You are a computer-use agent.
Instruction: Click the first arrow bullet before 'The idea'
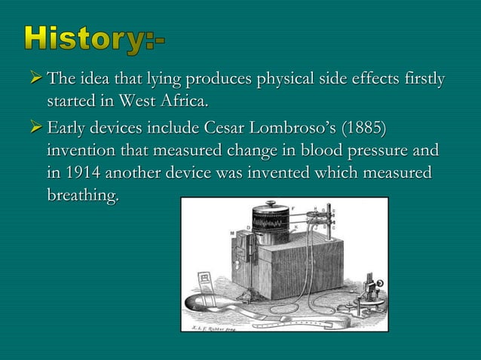35,81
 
